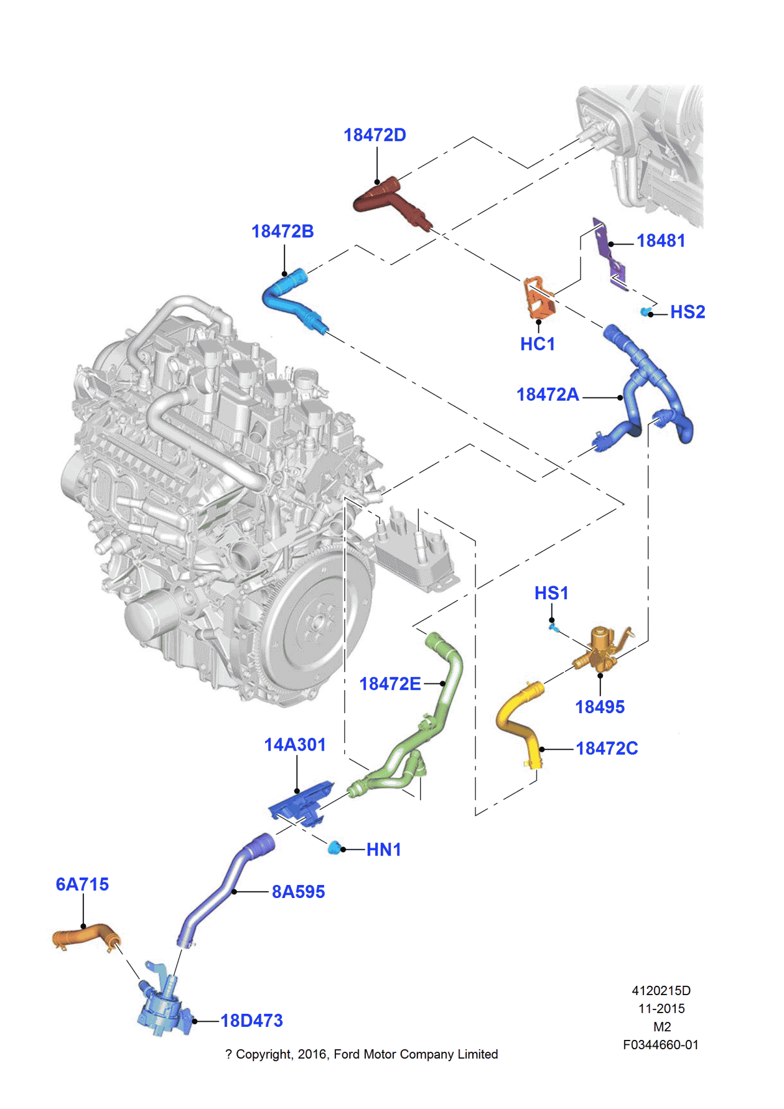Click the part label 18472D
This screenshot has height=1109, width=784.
pyautogui.click(x=375, y=135)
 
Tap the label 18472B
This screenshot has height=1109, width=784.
pyautogui.click(x=282, y=232)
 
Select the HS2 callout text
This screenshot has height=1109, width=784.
pyautogui.click(x=688, y=312)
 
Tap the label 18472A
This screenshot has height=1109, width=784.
pyautogui.click(x=548, y=395)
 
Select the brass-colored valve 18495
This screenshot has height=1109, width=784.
pyautogui.click(x=600, y=650)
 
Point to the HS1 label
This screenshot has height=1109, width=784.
pyautogui.click(x=551, y=593)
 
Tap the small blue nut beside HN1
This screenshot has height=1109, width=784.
pyautogui.click(x=335, y=848)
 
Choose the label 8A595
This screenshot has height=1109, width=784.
pyautogui.click(x=298, y=892)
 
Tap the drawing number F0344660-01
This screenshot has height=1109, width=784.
pyautogui.click(x=661, y=1045)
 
